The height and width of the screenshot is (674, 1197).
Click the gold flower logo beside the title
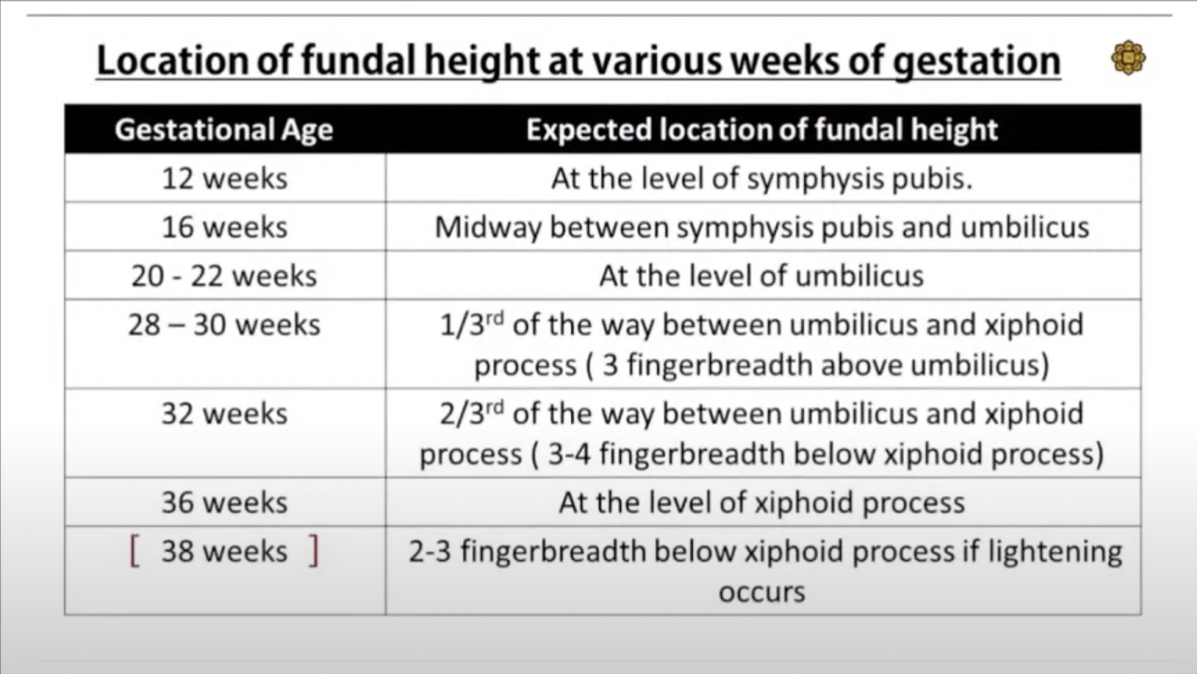(x=1128, y=59)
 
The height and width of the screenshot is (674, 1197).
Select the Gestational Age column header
(x=224, y=129)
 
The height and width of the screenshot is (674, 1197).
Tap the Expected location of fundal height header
(x=762, y=129)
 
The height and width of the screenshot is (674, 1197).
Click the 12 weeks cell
(x=224, y=179)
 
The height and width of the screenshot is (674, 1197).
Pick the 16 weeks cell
(x=224, y=227)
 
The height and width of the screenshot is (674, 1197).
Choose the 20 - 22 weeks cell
(x=224, y=275)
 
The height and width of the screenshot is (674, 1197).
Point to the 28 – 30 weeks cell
(x=224, y=325)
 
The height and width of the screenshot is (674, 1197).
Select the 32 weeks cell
(x=224, y=414)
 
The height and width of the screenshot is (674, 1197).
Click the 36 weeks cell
(x=224, y=503)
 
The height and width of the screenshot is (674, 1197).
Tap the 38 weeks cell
(x=224, y=551)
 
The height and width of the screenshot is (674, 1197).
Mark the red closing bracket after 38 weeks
(x=313, y=551)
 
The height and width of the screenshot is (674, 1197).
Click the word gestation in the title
(x=977, y=62)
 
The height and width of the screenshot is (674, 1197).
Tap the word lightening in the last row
(x=1055, y=551)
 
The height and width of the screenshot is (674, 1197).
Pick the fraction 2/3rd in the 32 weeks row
(x=471, y=413)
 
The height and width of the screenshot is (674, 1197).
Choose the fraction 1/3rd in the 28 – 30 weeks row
(x=471, y=324)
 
